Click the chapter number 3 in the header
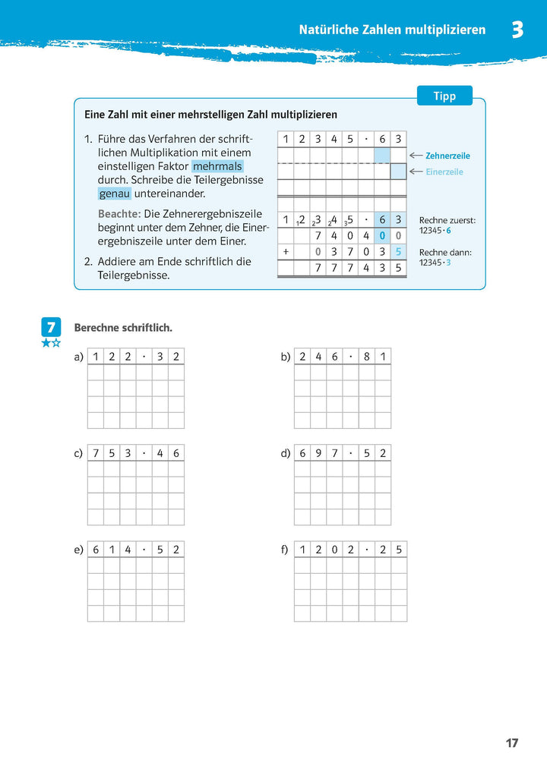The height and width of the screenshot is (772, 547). pos(517,30)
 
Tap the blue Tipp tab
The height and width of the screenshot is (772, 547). pos(444,96)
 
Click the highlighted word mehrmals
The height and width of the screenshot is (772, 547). pos(217,167)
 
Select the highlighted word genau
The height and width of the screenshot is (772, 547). pos(114,194)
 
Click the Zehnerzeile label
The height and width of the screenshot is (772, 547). pos(447,156)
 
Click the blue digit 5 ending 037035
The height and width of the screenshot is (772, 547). pos(399,251)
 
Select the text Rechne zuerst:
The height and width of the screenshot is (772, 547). pos(447,220)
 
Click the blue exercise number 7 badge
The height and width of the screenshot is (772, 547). pos(50,328)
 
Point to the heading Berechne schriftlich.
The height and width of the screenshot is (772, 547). pos(123,328)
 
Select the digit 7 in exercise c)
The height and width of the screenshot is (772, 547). pos(96,453)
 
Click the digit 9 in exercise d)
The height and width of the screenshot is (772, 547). pos(318,453)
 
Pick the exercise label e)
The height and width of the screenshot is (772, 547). pos(79,550)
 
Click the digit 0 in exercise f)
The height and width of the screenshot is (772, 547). pos(334,550)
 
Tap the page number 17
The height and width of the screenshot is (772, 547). pos(512,743)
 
